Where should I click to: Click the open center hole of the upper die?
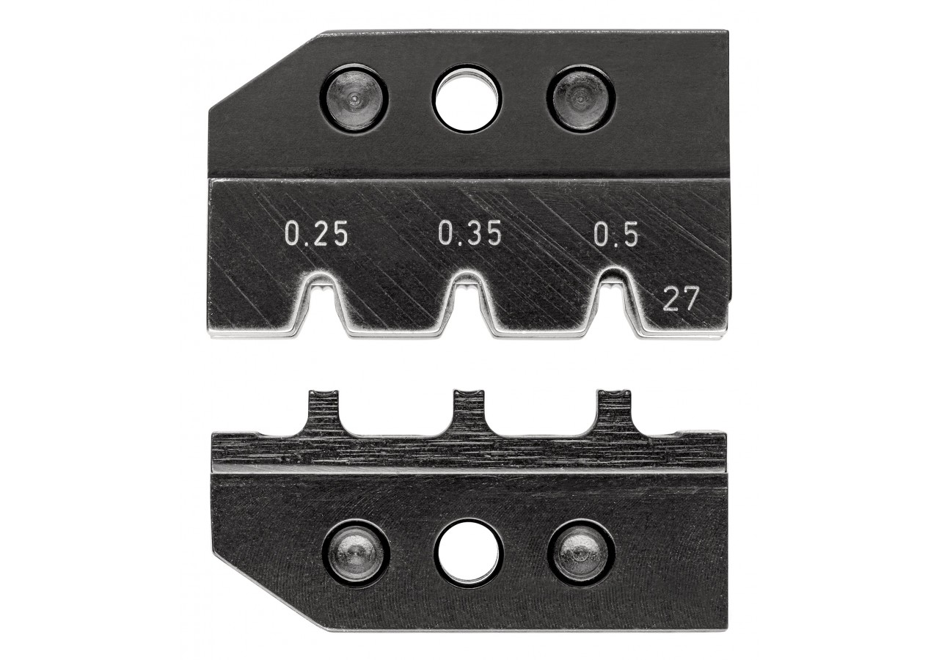[x=464, y=101]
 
